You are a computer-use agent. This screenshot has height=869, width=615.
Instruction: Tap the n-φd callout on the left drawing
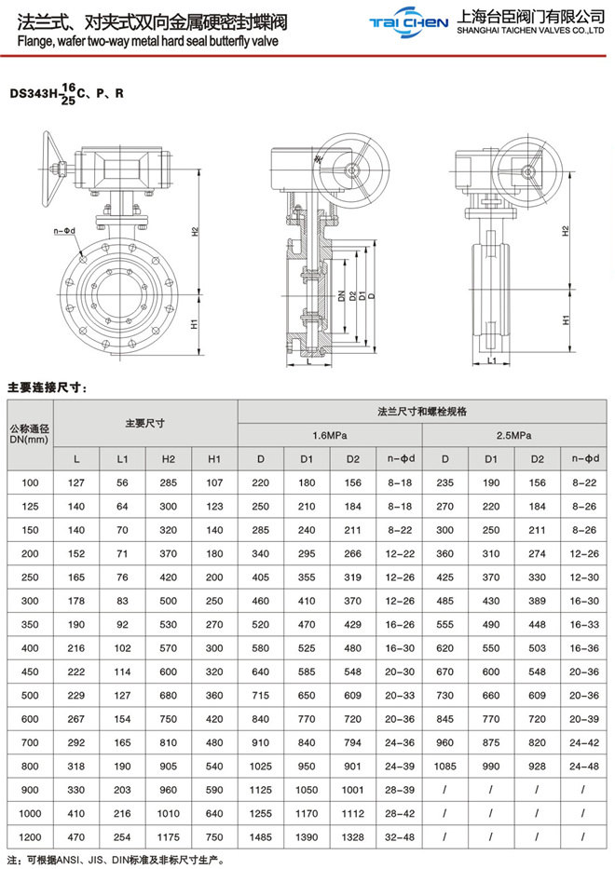pyautogui.click(x=64, y=230)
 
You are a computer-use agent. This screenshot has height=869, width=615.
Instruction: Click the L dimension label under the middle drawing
pyautogui.click(x=307, y=365)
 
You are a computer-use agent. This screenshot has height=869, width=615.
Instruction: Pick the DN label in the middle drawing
pyautogui.click(x=342, y=296)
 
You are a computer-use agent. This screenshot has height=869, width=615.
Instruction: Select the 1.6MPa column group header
pyautogui.click(x=330, y=435)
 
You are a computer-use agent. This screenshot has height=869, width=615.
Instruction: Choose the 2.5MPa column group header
pyautogui.click(x=513, y=435)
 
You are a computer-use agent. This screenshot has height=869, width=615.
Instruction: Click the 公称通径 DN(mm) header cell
pyautogui.click(x=29, y=434)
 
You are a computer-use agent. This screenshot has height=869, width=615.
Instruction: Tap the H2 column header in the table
pyautogui.click(x=169, y=459)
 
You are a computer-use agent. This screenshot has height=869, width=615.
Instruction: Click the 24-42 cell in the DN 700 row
pyautogui.click(x=583, y=742)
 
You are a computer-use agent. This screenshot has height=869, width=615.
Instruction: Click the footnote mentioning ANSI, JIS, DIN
pyautogui.click(x=116, y=859)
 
